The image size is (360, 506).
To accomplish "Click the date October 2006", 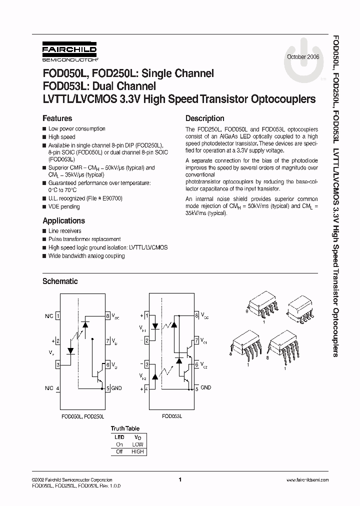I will [x=303, y=57].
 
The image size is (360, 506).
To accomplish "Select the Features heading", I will [x=57, y=118].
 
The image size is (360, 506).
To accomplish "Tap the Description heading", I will [x=204, y=118].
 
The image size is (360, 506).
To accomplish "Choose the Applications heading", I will [x=63, y=220].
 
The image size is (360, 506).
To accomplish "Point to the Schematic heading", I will [x=60, y=281].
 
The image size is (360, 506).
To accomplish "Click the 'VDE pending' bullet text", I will [x=63, y=206].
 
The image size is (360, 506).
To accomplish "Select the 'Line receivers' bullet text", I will [x=64, y=231].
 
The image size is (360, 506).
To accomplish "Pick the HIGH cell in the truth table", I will [x=137, y=451].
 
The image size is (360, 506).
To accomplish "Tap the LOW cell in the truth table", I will [x=137, y=444].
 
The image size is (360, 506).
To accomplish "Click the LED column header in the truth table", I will [x=119, y=436].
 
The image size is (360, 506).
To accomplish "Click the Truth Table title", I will [x=125, y=428].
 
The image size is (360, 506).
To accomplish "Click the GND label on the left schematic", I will [x=116, y=388].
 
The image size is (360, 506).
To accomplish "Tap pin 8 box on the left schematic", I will [x=107, y=316].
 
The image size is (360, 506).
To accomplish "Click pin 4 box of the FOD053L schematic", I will [x=146, y=388].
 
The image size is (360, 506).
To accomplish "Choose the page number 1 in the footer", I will [x=179, y=480].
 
